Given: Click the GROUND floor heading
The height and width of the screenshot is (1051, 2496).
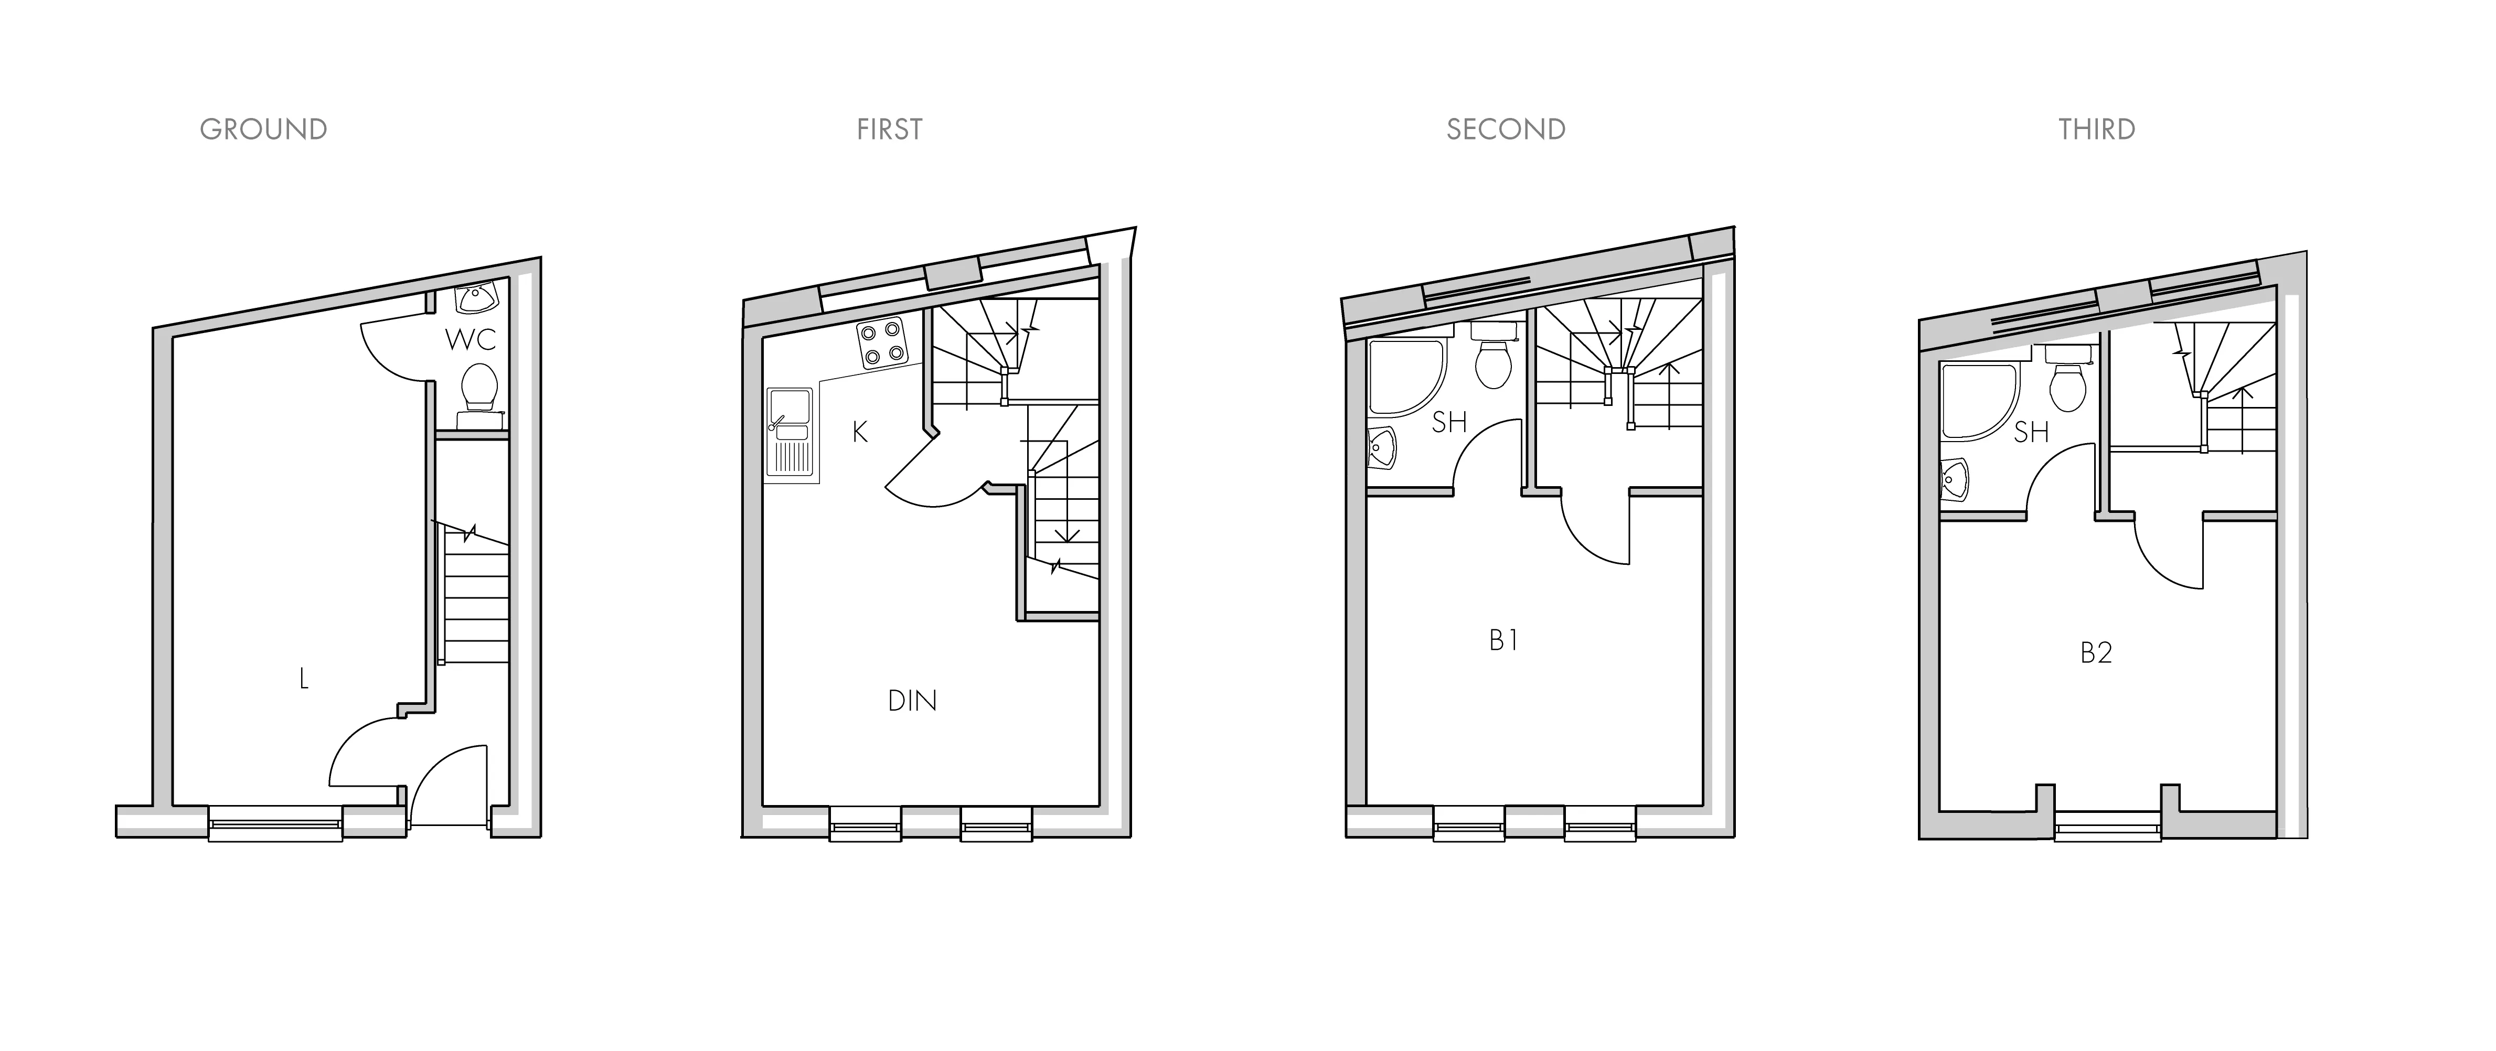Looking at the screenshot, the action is tap(263, 130).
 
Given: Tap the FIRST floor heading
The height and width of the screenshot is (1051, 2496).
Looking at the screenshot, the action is tap(890, 130).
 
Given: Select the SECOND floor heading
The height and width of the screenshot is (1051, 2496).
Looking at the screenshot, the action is tap(1506, 130).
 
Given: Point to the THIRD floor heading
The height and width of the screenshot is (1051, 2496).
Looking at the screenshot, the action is tap(2097, 130).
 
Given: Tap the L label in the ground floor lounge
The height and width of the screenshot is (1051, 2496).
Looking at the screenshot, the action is tap(304, 679).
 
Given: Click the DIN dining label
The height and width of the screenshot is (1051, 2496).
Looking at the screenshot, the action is tap(913, 700).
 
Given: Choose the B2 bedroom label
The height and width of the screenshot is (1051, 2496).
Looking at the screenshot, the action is tap(2096, 653).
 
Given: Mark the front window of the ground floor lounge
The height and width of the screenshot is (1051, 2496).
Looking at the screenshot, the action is tap(276, 824).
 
